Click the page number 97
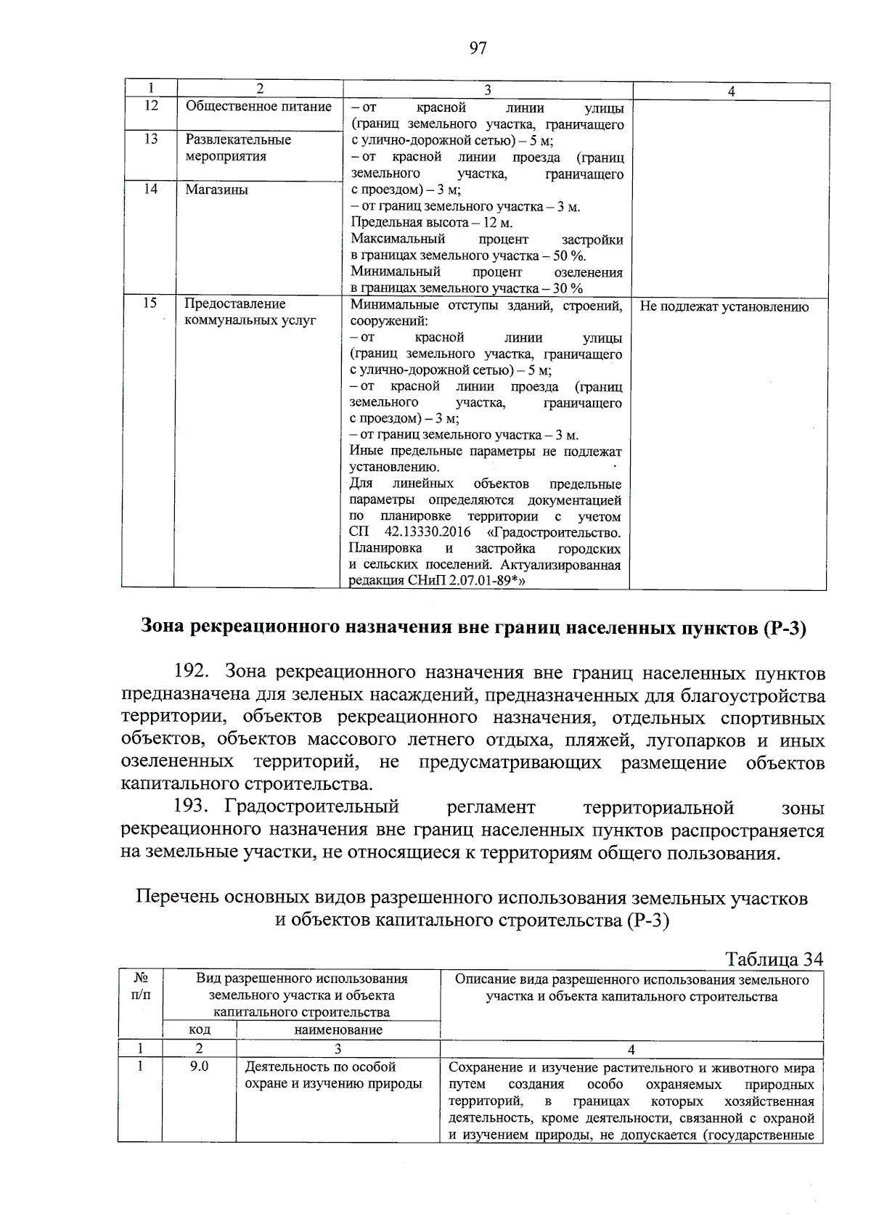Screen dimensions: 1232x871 click(478, 49)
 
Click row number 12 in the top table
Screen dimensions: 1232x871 click(150, 106)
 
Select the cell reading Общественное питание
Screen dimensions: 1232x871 click(258, 107)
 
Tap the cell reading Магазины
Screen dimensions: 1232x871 click(216, 189)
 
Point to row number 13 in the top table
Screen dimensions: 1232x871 click(150, 139)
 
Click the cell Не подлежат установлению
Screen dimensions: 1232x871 click(724, 307)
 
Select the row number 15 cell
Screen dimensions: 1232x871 click(149, 303)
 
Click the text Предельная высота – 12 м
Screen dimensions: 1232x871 click(431, 223)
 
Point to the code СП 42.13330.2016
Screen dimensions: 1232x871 click(410, 533)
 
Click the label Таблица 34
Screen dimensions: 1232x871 click(774, 959)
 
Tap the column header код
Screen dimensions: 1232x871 click(200, 1029)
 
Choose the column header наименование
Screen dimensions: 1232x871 click(338, 1029)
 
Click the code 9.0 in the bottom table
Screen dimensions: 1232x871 click(199, 1066)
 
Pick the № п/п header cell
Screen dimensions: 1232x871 click(141, 987)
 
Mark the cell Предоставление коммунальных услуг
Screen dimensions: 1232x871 click(250, 312)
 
